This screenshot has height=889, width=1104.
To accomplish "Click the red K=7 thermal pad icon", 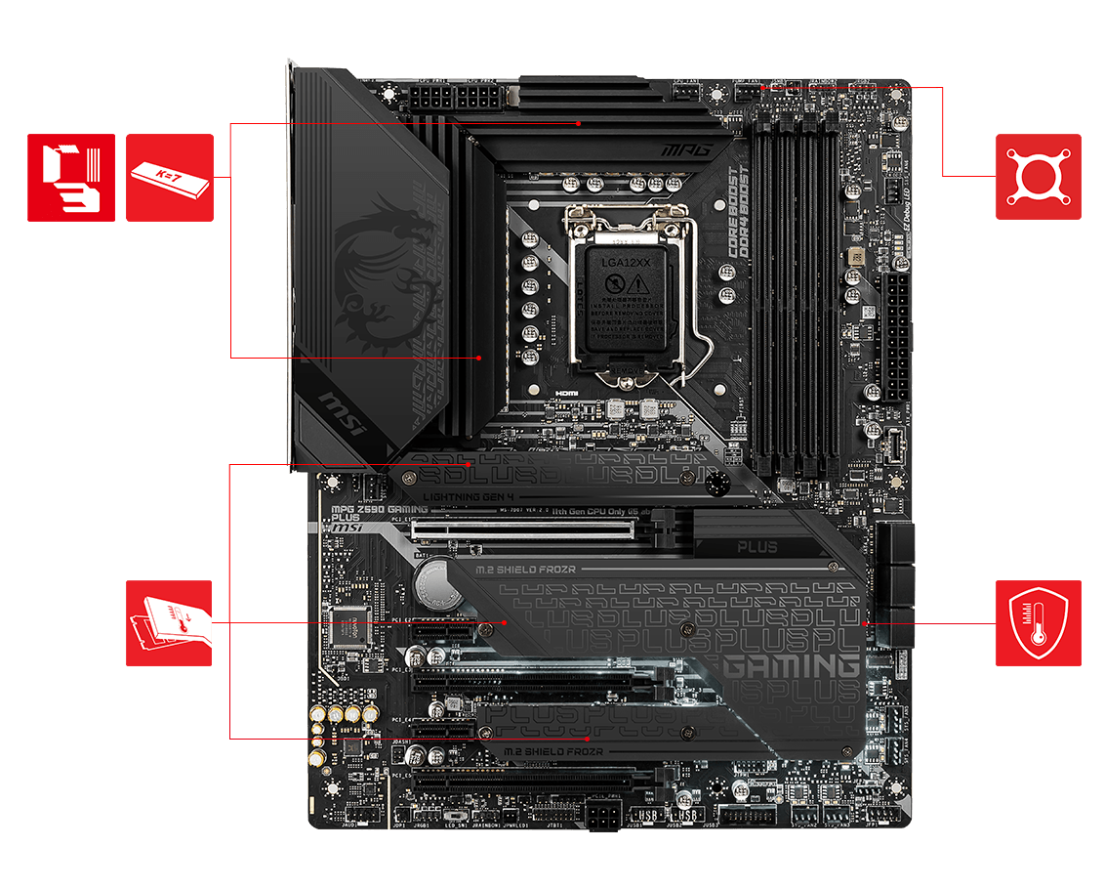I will [x=170, y=178].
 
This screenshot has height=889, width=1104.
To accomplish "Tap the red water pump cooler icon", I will [x=1038, y=177].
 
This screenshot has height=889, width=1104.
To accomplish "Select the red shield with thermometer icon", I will [x=1038, y=623].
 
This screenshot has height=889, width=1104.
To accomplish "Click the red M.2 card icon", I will [x=169, y=623].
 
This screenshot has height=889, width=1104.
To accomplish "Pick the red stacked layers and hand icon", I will [x=70, y=178].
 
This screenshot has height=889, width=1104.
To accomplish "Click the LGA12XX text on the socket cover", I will [x=626, y=263].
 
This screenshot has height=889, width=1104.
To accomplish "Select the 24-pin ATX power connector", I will [x=896, y=337].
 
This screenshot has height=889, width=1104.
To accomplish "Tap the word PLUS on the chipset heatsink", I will [x=756, y=547].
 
